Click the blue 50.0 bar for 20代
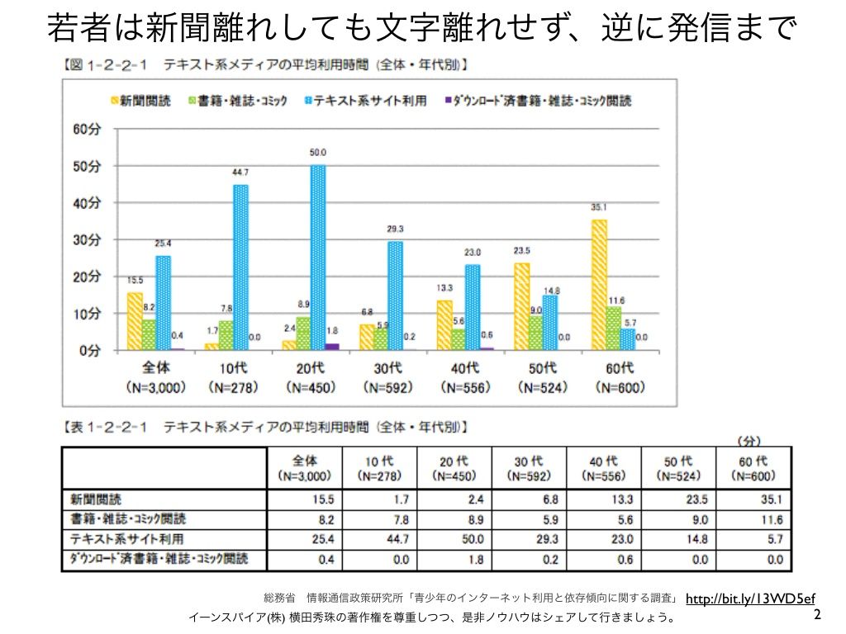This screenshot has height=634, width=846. pos(318,258)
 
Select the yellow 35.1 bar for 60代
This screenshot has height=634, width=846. pos(600,285)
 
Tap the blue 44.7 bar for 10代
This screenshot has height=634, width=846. pos(240,267)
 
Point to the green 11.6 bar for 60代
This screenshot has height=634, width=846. pos(614,329)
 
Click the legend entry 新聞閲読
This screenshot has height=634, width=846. pos(145,101)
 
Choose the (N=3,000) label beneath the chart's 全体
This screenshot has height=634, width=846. pos(155,386)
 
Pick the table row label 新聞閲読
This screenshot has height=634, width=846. pos(97,499)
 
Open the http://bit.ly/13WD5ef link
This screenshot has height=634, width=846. pos(750,599)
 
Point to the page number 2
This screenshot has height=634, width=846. pos(817,615)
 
